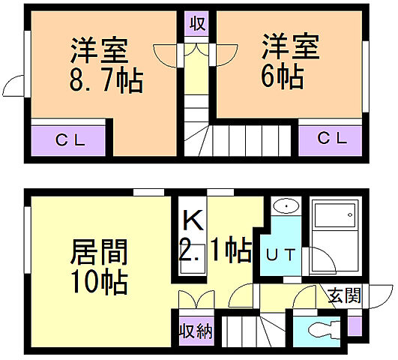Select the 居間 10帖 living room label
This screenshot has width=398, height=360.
100,266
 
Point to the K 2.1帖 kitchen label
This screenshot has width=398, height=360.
214,235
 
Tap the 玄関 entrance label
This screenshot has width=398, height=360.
343,295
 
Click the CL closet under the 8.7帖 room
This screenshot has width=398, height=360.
72,139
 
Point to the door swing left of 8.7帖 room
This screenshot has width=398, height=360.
16,85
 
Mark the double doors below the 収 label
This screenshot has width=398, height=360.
197,51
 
